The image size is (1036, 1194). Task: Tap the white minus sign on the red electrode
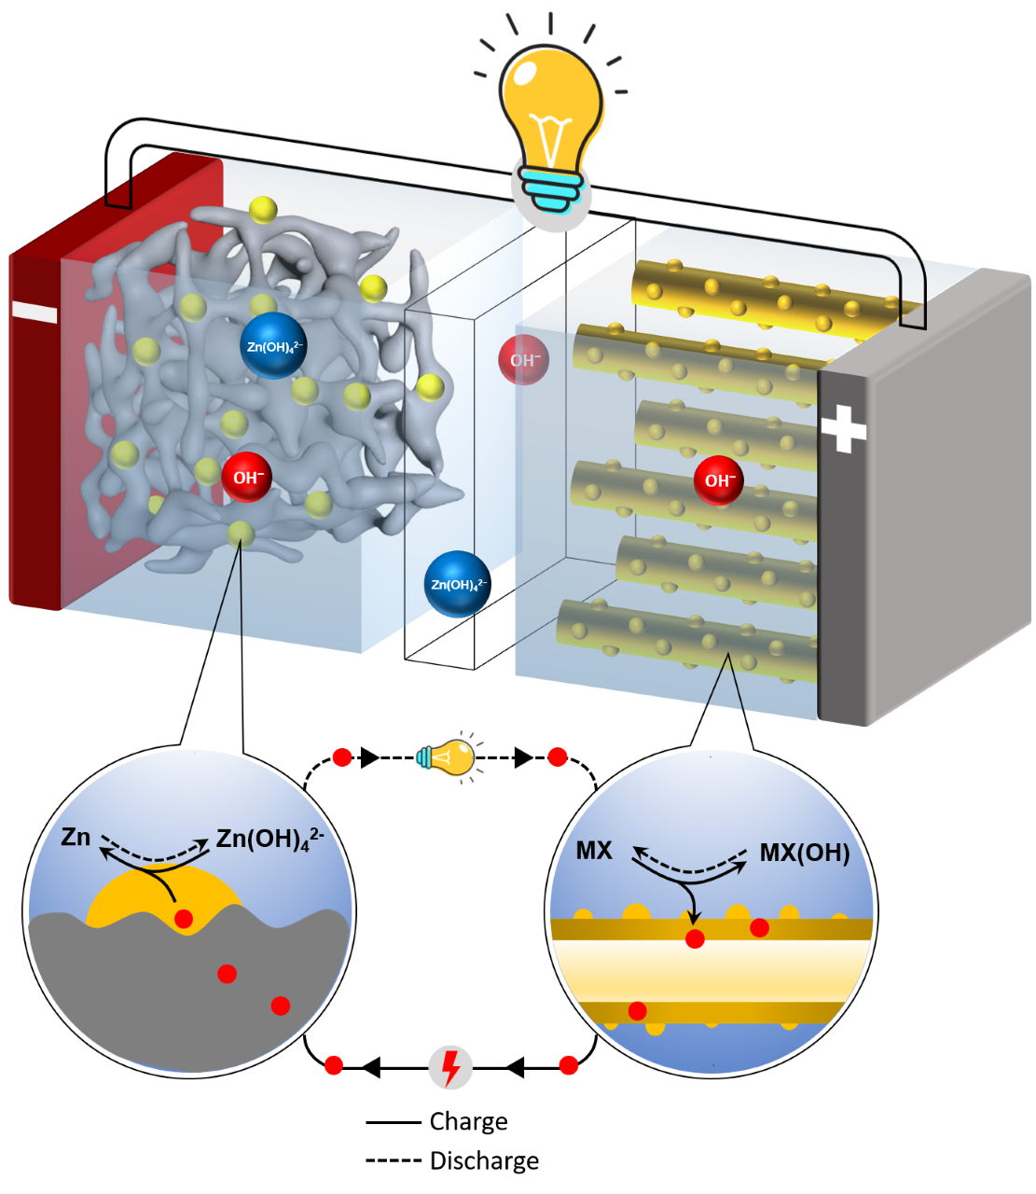(x=35, y=312)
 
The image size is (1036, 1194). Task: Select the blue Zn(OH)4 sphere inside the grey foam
(x=273, y=346)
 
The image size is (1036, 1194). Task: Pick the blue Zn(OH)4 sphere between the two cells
(x=457, y=585)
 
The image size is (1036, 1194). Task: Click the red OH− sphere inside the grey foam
(x=247, y=478)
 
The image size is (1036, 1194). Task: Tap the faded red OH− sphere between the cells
(x=524, y=360)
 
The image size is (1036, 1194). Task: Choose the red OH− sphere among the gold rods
(x=719, y=480)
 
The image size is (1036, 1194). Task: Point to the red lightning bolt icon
(x=450, y=1068)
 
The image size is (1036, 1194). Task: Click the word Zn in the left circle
(x=76, y=837)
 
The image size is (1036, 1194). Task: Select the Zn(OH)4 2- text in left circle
(x=269, y=838)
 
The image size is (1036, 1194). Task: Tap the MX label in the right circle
(x=594, y=851)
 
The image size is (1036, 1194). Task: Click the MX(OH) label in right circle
(x=805, y=853)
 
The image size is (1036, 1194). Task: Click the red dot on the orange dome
(x=184, y=919)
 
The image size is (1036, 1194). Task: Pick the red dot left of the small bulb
(x=342, y=757)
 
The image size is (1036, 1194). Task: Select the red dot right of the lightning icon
(x=568, y=1065)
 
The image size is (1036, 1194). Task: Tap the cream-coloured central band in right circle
(x=711, y=970)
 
